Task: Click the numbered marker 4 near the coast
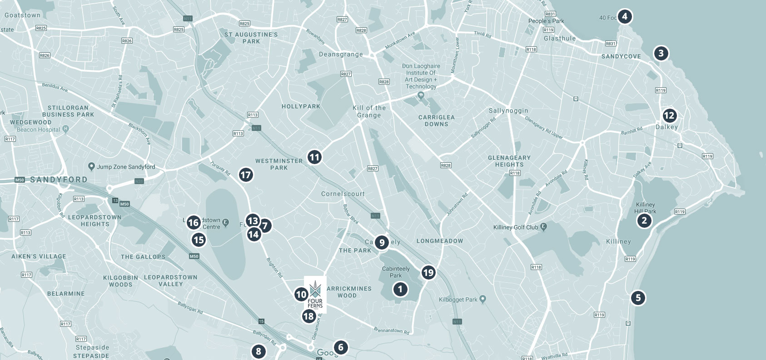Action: (x=625, y=17)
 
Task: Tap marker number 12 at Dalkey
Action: (x=669, y=115)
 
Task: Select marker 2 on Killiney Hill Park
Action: (x=643, y=221)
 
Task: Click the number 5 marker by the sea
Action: (x=638, y=298)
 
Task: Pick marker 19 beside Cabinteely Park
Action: (x=428, y=273)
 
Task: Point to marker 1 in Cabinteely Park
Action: (x=400, y=289)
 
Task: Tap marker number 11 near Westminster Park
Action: (x=314, y=157)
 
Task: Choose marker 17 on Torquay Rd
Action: (x=245, y=175)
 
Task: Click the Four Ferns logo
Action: (x=315, y=295)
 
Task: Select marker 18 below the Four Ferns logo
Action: (x=308, y=316)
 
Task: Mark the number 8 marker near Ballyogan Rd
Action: (x=258, y=351)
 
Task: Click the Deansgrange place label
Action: (x=341, y=54)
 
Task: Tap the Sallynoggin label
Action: (x=508, y=110)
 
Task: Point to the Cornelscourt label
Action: (x=343, y=194)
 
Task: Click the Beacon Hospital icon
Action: (x=66, y=130)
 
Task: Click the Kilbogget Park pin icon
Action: (x=482, y=300)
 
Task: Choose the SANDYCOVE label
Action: (x=621, y=56)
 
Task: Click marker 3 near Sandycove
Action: (x=661, y=53)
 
